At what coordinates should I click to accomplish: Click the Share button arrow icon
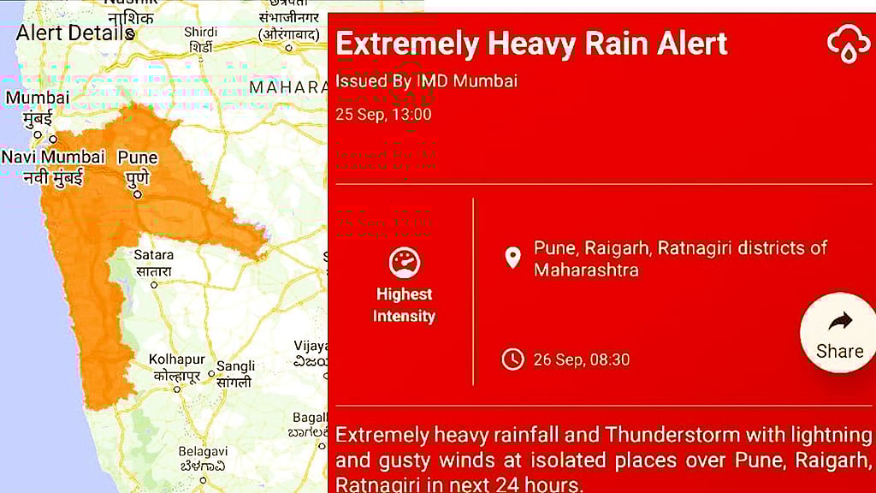click(x=840, y=322)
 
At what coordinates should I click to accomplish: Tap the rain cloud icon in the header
click(x=848, y=43)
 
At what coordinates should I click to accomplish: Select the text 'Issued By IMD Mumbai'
click(x=426, y=81)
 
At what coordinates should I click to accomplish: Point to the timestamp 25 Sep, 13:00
click(x=383, y=115)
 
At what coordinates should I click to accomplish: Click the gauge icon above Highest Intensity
click(x=405, y=263)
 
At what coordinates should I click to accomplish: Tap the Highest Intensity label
click(x=405, y=305)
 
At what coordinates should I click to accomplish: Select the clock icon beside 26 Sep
click(x=512, y=359)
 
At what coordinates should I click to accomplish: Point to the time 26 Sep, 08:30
click(x=581, y=359)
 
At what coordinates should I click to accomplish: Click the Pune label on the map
click(x=137, y=158)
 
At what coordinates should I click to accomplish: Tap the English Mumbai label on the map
click(x=37, y=98)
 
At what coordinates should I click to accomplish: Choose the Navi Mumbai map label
click(x=52, y=157)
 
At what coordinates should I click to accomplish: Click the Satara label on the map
click(x=153, y=255)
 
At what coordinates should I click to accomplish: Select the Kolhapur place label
click(x=176, y=359)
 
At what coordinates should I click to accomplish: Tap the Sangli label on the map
click(x=235, y=366)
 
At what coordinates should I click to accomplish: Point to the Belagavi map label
click(x=202, y=451)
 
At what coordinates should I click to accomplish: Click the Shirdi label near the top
click(x=200, y=33)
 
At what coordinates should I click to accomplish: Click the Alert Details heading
click(x=75, y=33)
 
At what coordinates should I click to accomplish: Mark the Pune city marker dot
click(x=137, y=193)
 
